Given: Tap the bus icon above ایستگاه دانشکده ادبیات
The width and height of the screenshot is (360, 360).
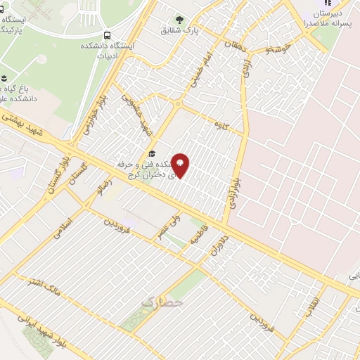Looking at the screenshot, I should tap(107, 35).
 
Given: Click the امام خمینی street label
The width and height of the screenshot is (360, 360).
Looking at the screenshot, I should tap(200, 70).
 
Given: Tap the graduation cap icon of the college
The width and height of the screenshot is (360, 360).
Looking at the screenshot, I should tap(150, 155).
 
